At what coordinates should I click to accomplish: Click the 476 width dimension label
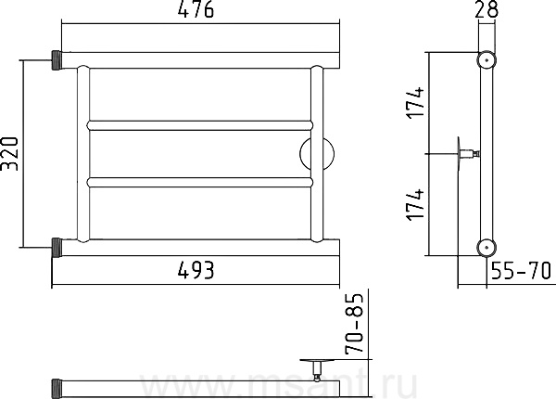[x=196, y=9]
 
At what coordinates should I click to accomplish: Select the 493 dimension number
[x=196, y=270]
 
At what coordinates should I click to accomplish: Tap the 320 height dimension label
[x=9, y=154]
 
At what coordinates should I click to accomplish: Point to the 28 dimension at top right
[x=486, y=9]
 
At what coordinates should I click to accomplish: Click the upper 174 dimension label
[x=414, y=103]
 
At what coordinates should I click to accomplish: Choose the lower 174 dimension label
[x=414, y=205]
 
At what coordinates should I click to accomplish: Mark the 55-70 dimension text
[x=521, y=271]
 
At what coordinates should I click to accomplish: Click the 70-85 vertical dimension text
[x=355, y=324]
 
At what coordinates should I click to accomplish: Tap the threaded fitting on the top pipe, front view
[x=57, y=60]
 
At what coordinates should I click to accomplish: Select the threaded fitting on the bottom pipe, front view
[x=57, y=248]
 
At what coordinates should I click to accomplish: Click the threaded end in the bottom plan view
[x=57, y=389]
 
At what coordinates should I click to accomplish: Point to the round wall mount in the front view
[x=317, y=154]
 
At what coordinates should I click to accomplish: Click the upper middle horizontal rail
[x=200, y=125]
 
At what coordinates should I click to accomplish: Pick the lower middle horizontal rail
[x=200, y=182]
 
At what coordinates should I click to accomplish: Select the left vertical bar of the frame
[x=83, y=154]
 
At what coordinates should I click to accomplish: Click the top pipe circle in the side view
[x=486, y=60]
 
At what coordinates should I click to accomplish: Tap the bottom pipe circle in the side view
[x=486, y=247]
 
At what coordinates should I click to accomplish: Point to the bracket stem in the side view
[x=470, y=154]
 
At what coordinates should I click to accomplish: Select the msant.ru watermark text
[x=279, y=385]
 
